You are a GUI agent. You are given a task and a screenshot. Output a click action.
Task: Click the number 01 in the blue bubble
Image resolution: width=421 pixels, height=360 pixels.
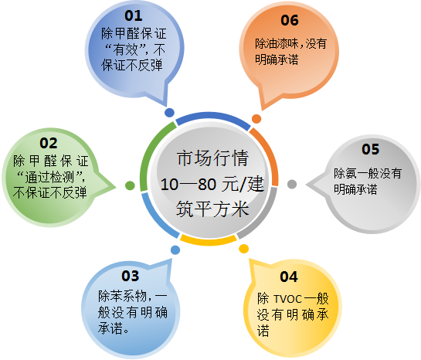click(x=134, y=15)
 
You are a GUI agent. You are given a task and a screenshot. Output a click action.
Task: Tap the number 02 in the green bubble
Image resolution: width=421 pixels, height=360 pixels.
click(x=48, y=143)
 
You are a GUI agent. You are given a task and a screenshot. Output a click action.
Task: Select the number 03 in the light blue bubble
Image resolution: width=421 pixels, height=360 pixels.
click(x=130, y=276)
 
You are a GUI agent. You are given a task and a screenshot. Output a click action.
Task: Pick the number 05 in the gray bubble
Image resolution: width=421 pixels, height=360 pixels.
click(x=371, y=148)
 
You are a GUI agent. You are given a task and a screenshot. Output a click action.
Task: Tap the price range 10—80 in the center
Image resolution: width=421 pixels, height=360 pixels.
click(x=186, y=185)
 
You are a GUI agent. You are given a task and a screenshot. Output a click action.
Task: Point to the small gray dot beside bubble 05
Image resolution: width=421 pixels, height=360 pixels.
click(x=292, y=183)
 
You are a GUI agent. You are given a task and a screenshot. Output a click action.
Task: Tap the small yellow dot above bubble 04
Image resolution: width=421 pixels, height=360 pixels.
click(x=244, y=248)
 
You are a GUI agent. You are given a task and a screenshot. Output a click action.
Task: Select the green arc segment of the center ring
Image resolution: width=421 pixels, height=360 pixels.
click(x=151, y=147)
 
